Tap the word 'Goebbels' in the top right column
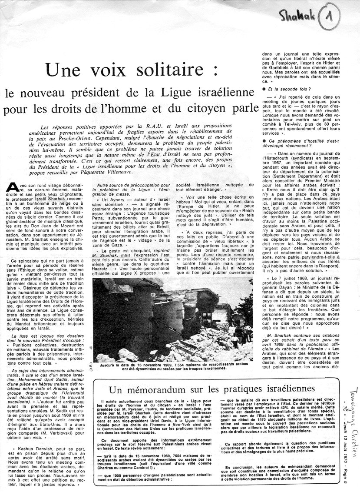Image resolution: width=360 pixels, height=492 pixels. click(272, 68)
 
